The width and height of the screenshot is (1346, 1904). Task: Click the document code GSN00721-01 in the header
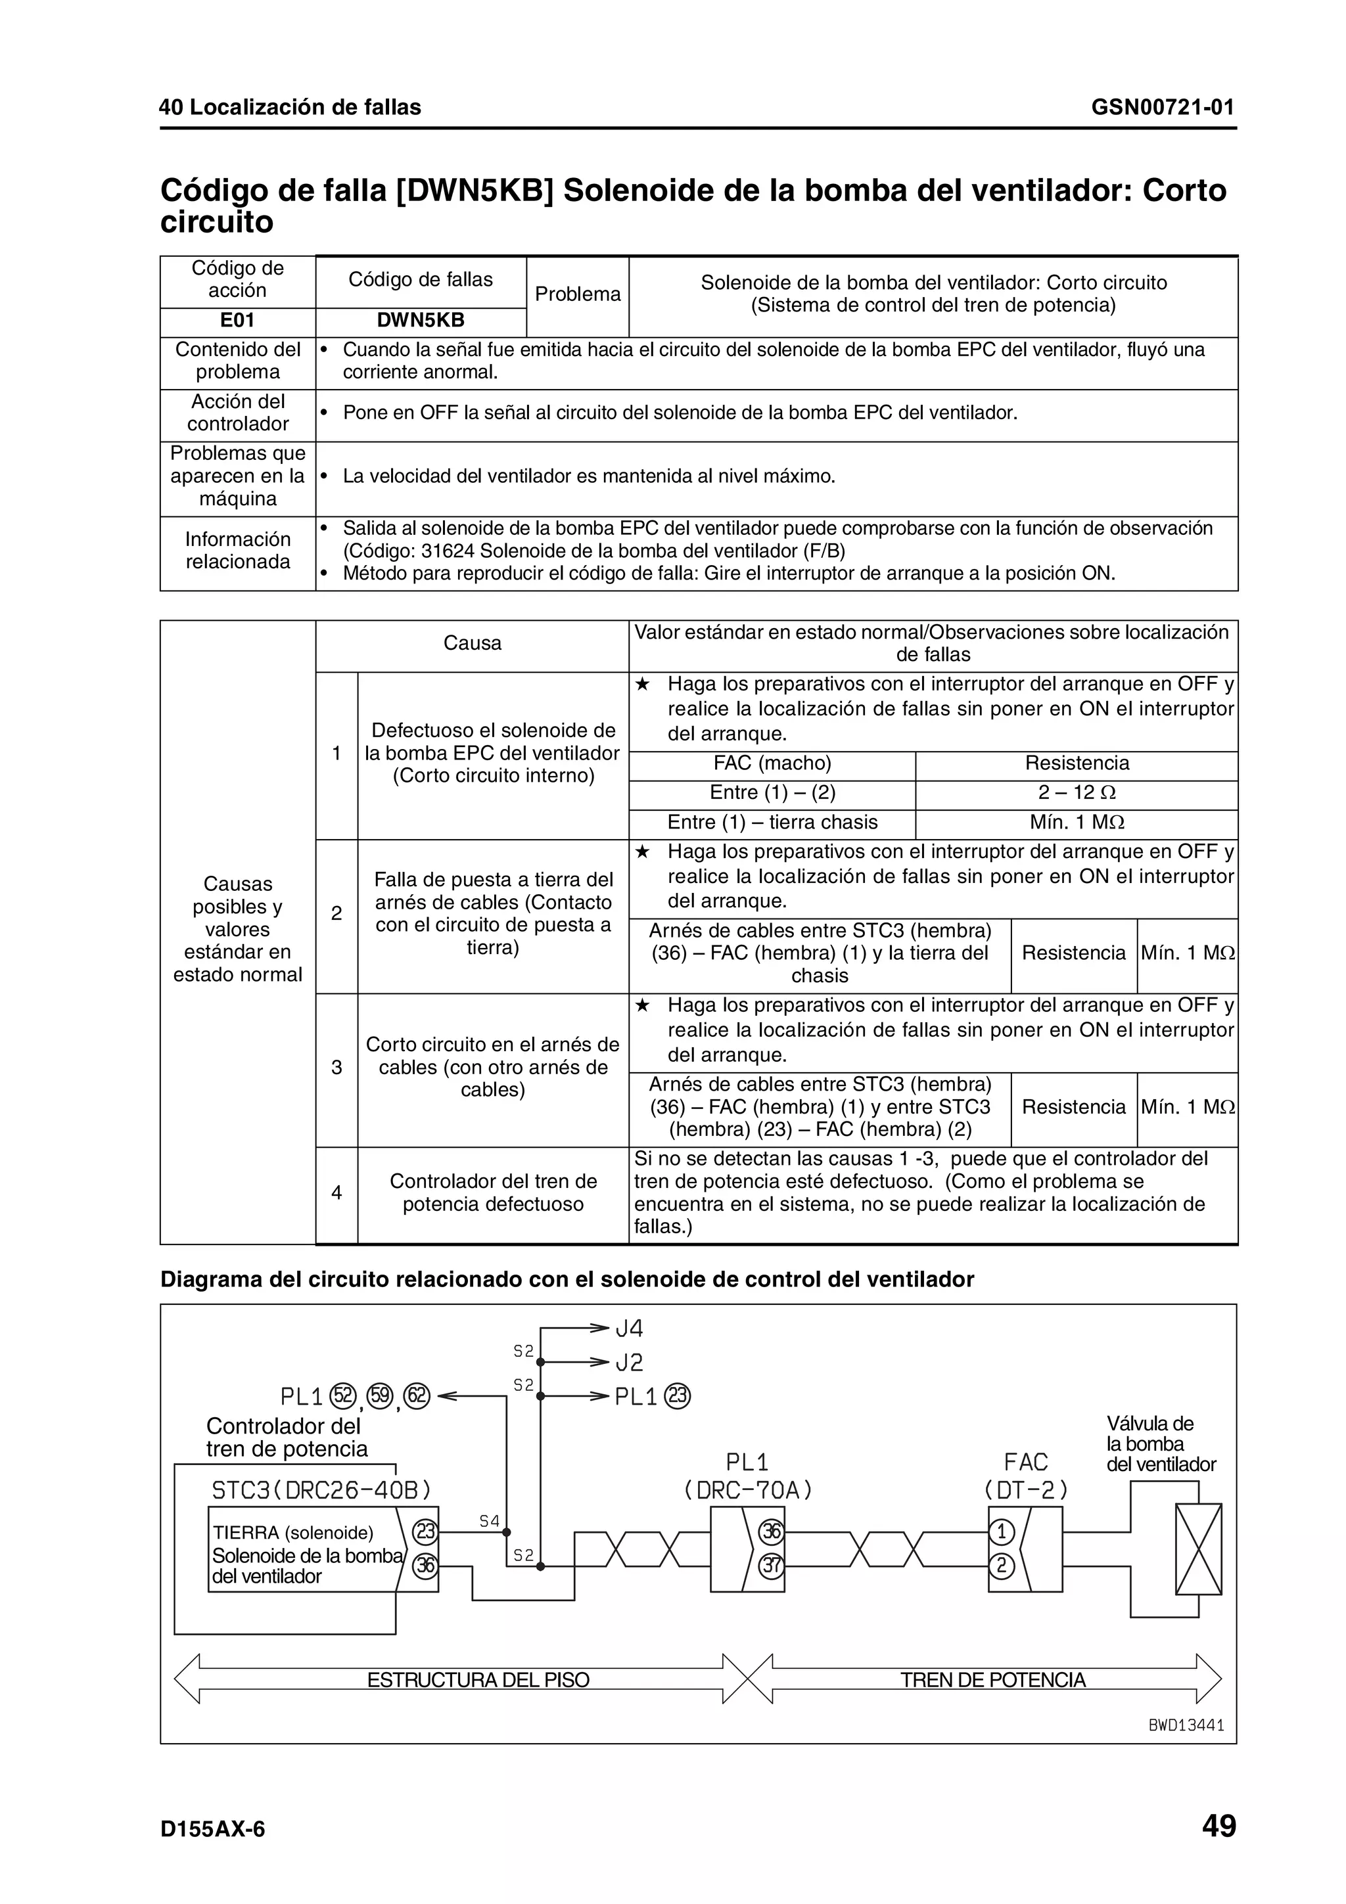click(x=1162, y=107)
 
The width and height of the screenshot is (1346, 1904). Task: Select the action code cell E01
click(x=237, y=321)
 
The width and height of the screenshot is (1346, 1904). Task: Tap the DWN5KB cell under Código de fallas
click(x=421, y=321)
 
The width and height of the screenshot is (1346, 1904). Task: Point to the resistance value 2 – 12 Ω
click(x=1076, y=793)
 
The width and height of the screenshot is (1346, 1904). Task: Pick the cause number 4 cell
click(x=336, y=1192)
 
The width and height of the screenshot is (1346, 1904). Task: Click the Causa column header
click(x=472, y=643)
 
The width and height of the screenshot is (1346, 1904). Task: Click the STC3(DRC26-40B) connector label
click(x=322, y=1491)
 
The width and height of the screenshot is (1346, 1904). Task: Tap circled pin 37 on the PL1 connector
click(x=772, y=1566)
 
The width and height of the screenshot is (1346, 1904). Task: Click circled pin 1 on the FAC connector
click(x=1001, y=1531)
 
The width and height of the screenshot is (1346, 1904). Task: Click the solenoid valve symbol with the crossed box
click(x=1197, y=1549)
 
